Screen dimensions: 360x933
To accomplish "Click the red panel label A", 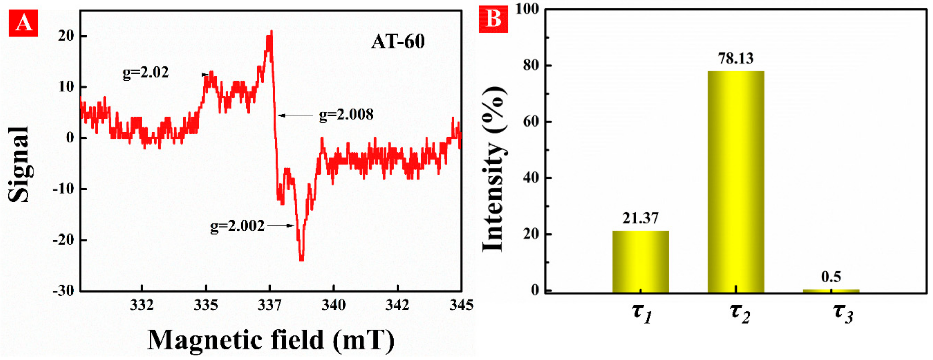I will click(x=23, y=23).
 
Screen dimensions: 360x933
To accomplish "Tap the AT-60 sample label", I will click(x=398, y=42).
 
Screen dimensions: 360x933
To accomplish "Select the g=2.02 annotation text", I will click(x=146, y=73).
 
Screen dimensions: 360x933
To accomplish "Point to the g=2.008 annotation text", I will click(x=346, y=115).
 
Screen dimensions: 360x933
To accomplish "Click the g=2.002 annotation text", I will click(x=237, y=226).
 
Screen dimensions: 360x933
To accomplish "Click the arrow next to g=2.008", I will click(x=295, y=116).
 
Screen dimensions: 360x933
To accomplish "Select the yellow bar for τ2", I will click(x=735, y=181).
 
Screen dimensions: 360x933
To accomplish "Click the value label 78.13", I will click(x=735, y=58).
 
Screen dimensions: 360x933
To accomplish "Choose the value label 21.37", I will click(x=640, y=218).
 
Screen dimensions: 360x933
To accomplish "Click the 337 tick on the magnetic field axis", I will click(x=270, y=305).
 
